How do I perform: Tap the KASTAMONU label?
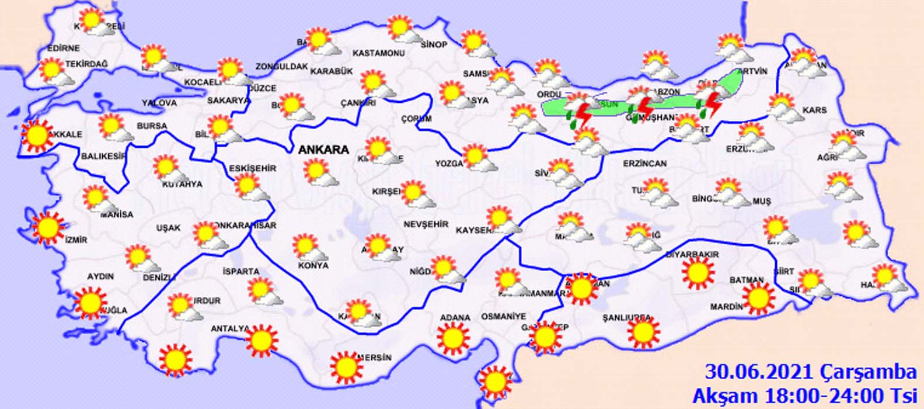(379, 53)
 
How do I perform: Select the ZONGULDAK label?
(281, 67)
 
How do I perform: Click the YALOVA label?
(159, 103)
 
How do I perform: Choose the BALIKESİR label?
(104, 156)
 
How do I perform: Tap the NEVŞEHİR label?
(426, 224)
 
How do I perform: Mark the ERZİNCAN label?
(644, 164)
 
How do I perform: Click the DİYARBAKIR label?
(692, 255)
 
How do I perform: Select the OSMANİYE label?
(504, 316)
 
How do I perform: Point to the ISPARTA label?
(240, 272)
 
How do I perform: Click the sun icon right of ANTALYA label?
(261, 339)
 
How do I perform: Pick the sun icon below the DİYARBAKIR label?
(698, 272)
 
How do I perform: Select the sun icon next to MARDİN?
(758, 298)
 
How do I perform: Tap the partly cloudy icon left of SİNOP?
(402, 30)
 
